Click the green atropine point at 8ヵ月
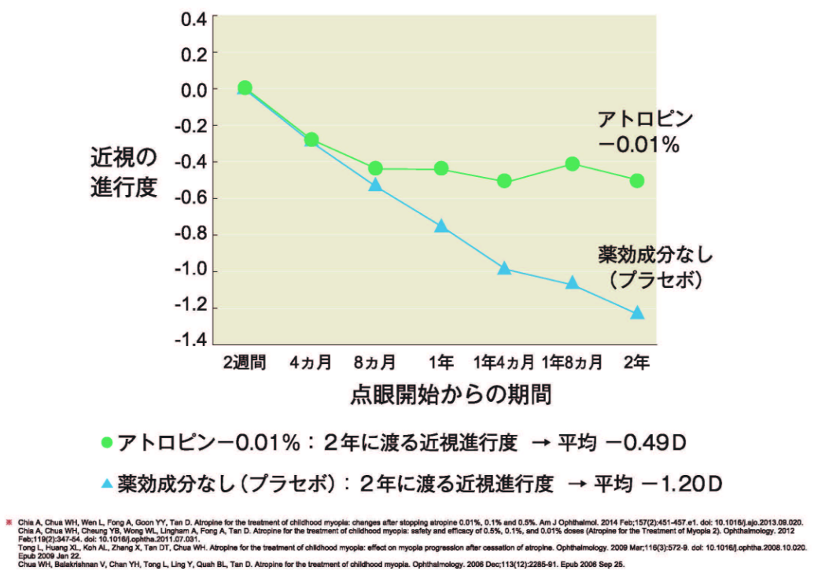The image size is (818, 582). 375,168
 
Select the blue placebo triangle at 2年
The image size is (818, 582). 637,313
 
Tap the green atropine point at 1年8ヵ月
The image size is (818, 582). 572,164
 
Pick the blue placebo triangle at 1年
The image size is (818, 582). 441,227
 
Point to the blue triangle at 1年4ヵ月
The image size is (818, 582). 505,268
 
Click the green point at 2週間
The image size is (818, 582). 245,87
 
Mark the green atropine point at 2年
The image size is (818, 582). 637,181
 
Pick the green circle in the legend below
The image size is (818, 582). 108,444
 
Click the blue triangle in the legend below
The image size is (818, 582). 108,481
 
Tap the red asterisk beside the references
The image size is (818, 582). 9,521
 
